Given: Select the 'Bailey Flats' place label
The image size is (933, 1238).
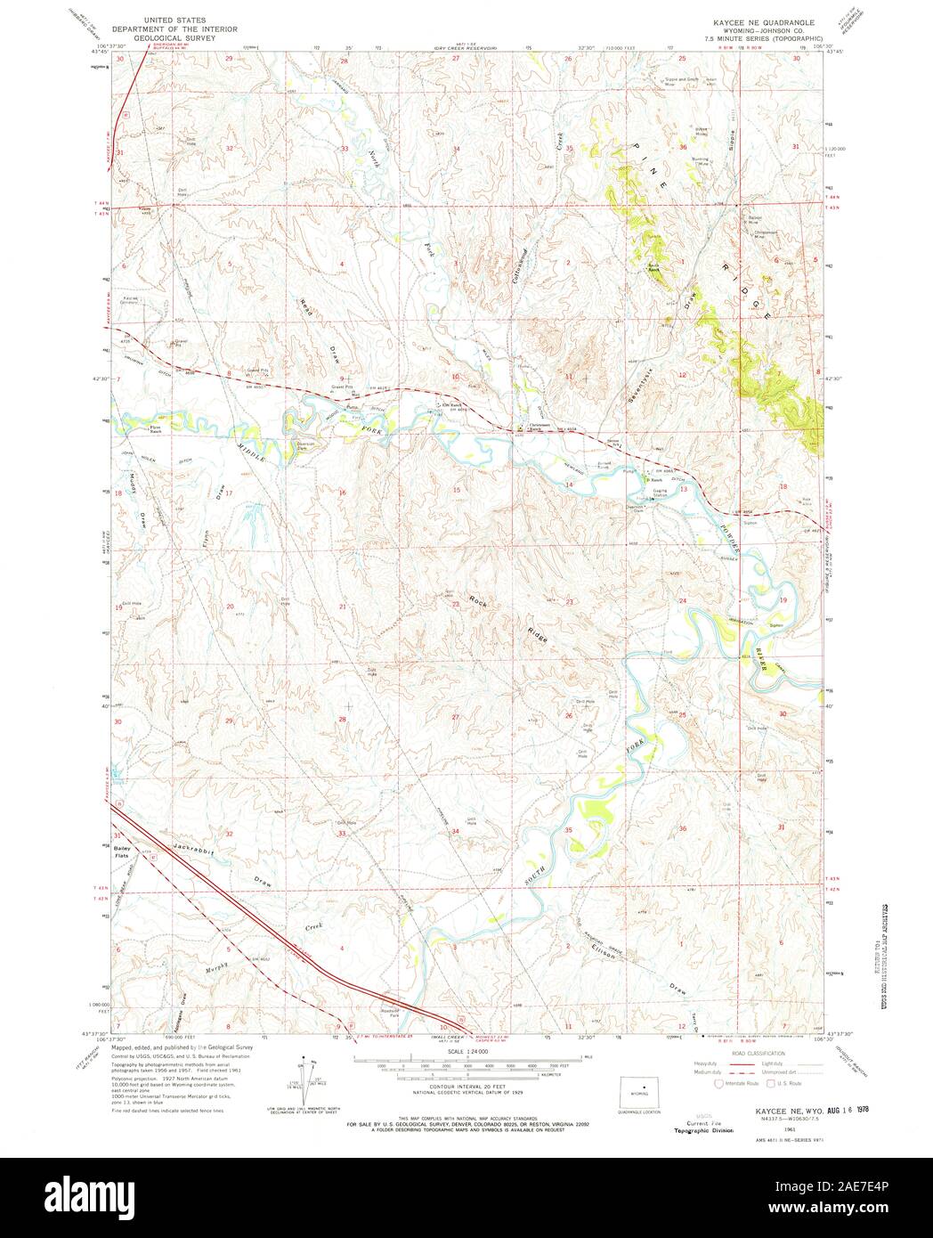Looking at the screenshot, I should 123,853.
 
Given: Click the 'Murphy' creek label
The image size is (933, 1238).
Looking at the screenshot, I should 218,965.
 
